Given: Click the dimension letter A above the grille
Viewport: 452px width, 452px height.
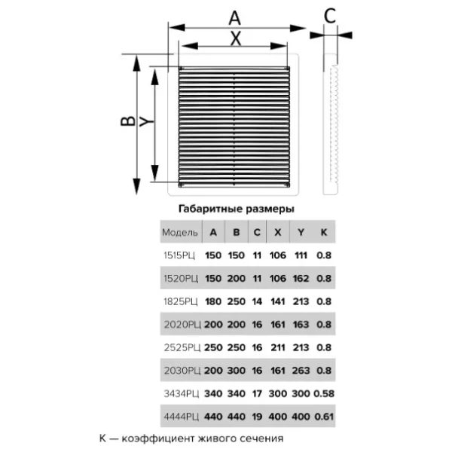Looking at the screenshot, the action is [234, 18].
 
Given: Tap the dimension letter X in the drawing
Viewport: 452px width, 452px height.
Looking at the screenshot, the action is [236, 38].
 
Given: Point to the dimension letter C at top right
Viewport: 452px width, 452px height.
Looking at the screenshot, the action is [330, 16].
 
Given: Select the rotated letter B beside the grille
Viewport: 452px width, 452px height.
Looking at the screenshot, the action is [128, 121].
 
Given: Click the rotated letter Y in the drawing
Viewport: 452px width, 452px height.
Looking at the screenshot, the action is [147, 121].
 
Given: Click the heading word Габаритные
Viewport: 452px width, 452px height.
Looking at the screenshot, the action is [210, 209].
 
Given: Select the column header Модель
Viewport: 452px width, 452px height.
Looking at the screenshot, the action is [180, 232].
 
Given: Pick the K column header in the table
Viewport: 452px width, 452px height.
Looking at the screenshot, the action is [324, 232].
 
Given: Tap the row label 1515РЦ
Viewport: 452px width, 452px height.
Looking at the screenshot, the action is [179, 255].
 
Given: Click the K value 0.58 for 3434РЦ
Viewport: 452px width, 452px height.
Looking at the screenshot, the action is [324, 393].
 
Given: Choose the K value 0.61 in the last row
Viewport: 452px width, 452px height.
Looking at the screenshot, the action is [324, 417].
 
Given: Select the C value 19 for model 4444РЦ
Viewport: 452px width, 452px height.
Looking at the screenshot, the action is [257, 417].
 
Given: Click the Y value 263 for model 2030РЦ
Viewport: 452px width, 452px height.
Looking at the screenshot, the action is [301, 371].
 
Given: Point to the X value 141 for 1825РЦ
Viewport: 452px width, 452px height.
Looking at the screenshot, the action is [277, 301].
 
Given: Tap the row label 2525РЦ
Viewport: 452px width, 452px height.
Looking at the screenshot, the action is [182, 347].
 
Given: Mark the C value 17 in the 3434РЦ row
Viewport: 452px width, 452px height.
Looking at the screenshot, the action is [257, 393].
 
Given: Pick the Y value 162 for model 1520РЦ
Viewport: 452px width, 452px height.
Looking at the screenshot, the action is [301, 279].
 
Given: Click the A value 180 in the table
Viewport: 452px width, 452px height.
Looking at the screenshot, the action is [213, 301].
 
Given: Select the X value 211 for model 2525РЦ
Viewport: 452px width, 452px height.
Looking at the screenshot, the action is [277, 347].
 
